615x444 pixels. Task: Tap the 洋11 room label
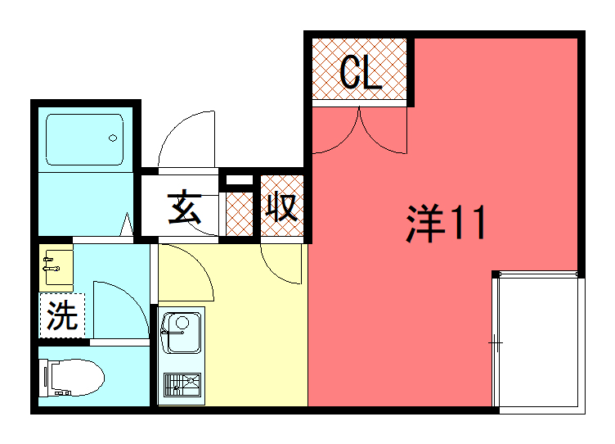click(446, 224)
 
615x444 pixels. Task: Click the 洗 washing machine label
click(61, 315)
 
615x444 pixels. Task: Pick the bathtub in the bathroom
click(84, 138)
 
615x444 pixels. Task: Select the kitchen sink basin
click(182, 333)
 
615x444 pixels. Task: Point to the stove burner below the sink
click(182, 384)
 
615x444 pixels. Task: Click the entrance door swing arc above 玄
click(185, 139)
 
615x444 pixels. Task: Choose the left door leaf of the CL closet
click(335, 131)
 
